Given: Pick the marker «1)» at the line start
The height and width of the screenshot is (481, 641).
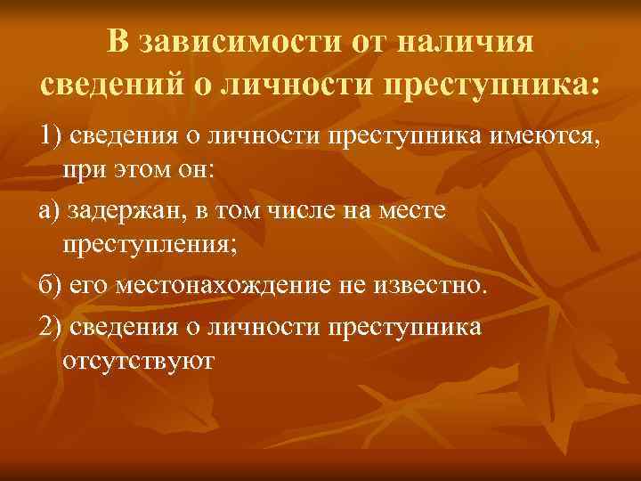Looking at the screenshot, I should coord(53,134).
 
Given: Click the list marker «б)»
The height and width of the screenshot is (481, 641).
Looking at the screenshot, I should coord(50,287).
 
